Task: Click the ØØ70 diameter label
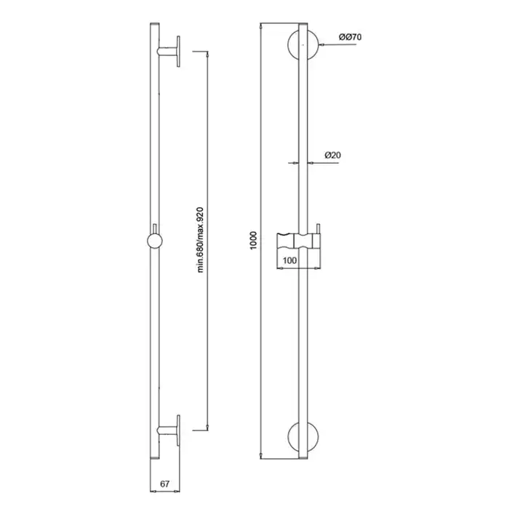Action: tap(350, 37)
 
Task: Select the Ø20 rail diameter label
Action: tap(333, 155)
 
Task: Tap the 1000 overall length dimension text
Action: tap(254, 240)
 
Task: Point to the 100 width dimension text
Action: tap(289, 260)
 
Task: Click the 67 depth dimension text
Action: tap(164, 484)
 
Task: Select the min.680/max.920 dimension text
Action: tap(200, 240)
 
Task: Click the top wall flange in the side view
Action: tap(178, 52)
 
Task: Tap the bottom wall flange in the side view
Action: tap(178, 430)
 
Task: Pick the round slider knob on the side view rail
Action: tap(155, 241)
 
